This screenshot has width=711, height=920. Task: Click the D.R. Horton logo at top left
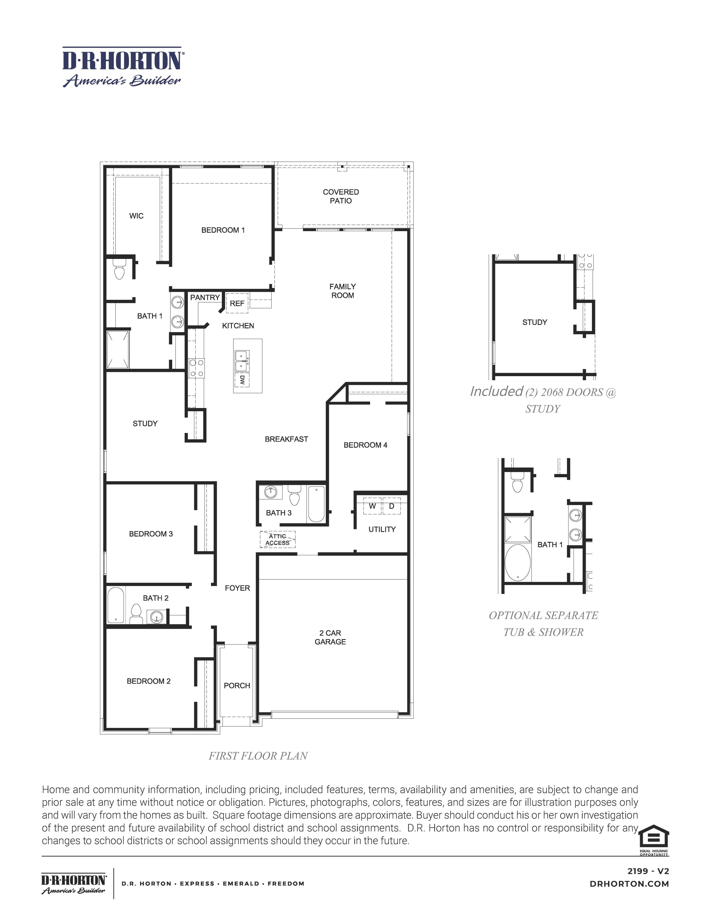pos(122,67)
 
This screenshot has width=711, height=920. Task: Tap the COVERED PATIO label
pos(341,196)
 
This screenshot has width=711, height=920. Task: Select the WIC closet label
pos(136,216)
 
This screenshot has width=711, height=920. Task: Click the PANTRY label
pos(205,297)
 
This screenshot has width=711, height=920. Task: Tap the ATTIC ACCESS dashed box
pos(278,540)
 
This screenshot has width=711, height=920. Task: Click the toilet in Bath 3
pos(294,496)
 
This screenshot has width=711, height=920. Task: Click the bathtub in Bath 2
pos(116,605)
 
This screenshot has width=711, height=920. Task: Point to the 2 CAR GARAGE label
pos(330,637)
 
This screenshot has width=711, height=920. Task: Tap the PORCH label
pos(237,686)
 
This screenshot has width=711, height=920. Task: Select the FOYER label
pos(237,588)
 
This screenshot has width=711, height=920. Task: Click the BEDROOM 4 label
pos(365,445)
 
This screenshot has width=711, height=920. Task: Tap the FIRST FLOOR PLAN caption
pos(258,756)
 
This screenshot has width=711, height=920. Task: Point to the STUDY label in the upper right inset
pos(535,322)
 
